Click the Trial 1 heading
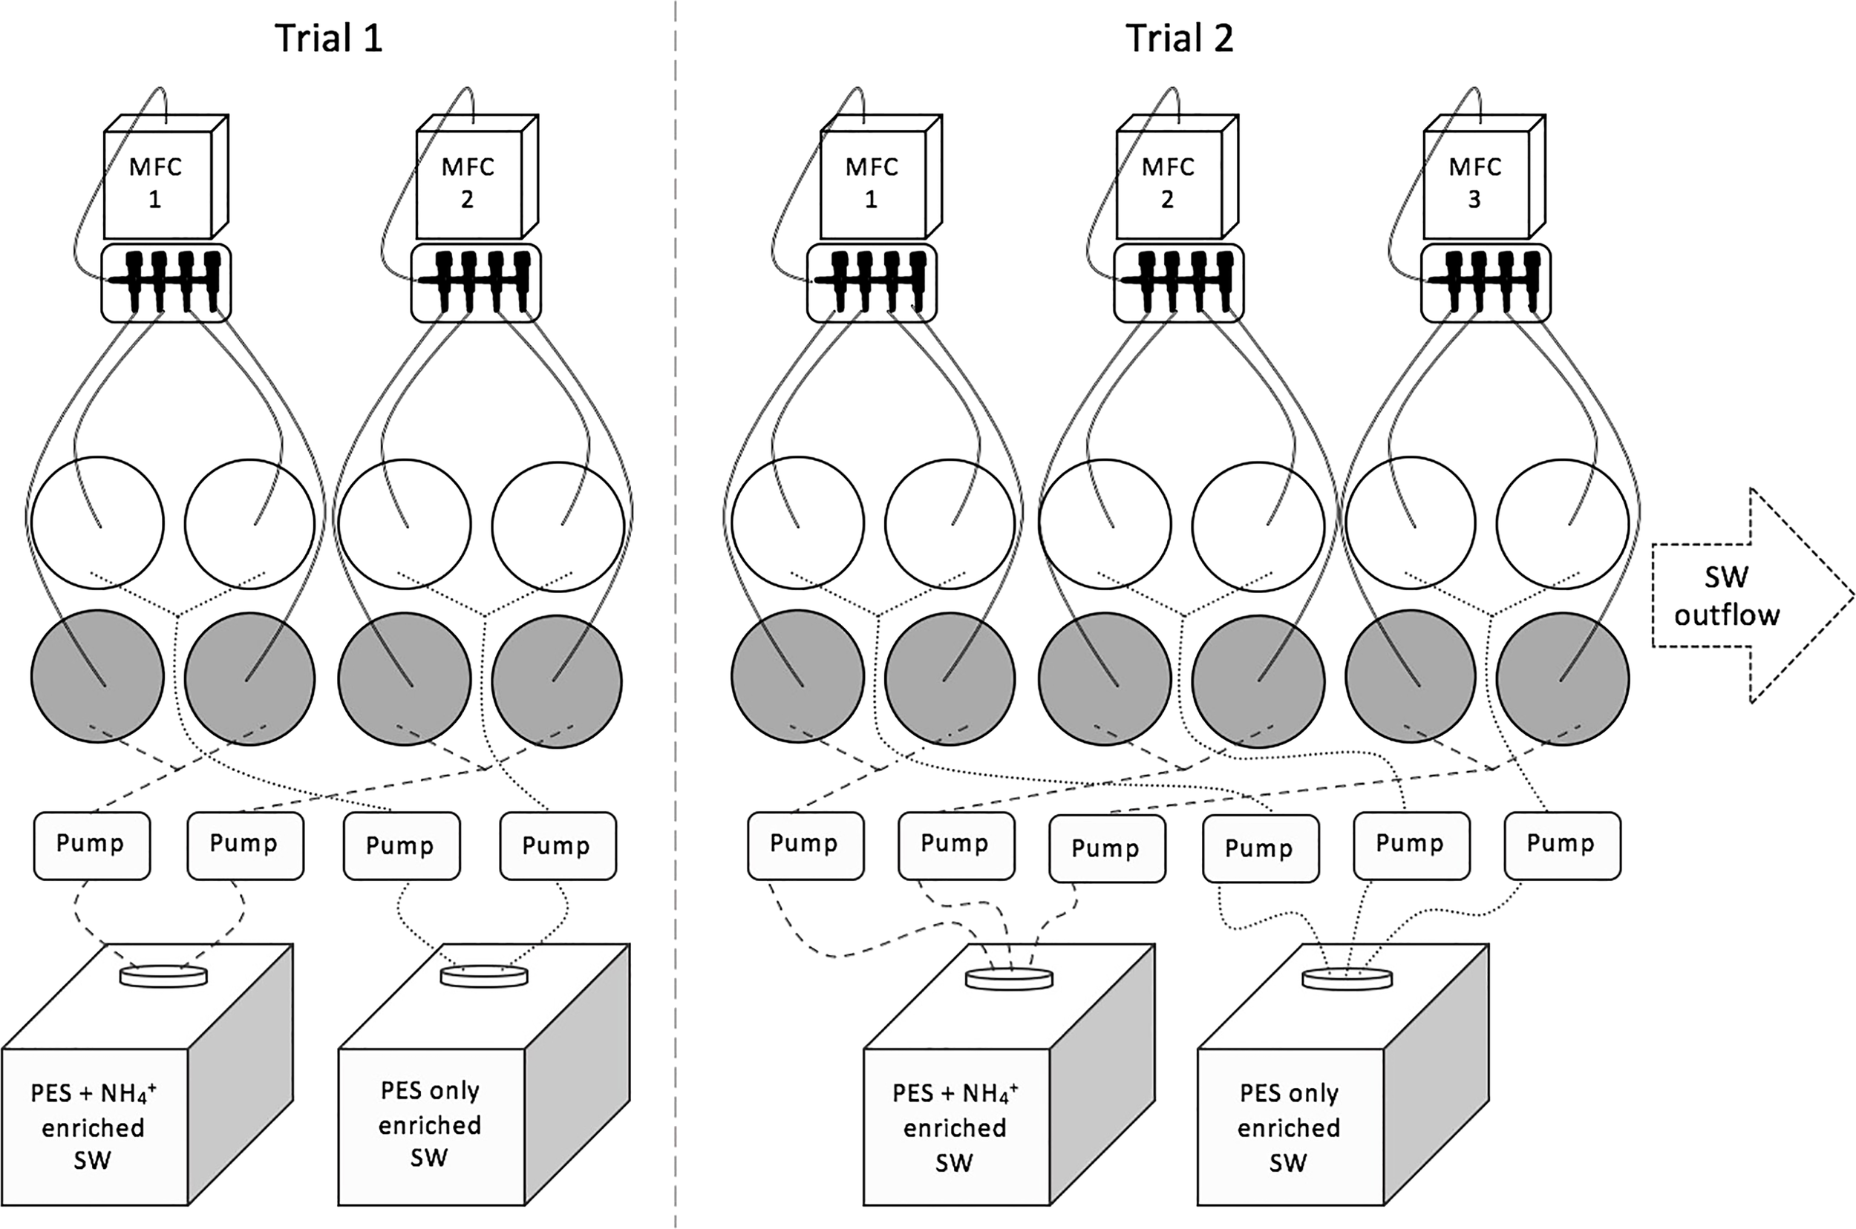click(329, 38)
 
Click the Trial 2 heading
click(1180, 38)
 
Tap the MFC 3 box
click(1475, 183)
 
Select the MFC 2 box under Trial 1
click(468, 183)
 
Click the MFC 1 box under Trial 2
click(872, 183)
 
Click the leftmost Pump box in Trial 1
click(91, 845)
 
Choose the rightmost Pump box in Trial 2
click(1561, 845)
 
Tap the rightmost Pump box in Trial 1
click(557, 847)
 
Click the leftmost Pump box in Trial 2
click(805, 845)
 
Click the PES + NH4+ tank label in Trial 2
click(955, 1127)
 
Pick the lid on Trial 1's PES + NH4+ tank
click(164, 976)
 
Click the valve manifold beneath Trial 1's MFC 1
click(166, 283)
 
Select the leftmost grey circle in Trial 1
click(97, 677)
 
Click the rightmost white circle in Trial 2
click(1562, 523)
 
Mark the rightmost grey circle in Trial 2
click(1562, 679)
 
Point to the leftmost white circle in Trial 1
click(97, 522)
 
